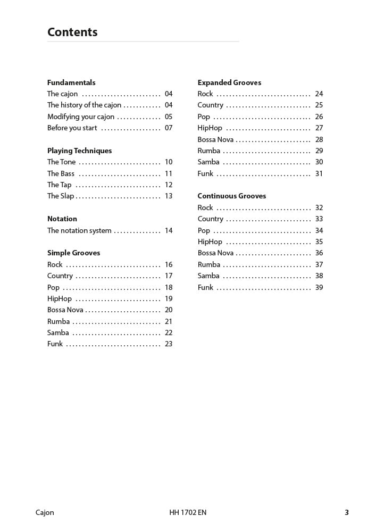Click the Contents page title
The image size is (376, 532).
coord(72,32)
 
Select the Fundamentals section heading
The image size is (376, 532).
coord(71,82)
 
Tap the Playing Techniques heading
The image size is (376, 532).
coord(79,151)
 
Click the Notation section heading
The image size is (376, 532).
coord(62,219)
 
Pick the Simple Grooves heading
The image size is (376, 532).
coord(73,253)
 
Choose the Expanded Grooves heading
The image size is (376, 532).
coord(229,82)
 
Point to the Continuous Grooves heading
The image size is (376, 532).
coord(231,196)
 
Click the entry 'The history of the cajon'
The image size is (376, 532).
coord(84,105)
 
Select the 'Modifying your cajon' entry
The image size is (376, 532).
coord(81,117)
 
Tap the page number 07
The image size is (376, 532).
coord(169,128)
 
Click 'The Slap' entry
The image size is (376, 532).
coord(61,196)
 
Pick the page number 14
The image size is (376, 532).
coord(169,230)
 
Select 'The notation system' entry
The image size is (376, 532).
coord(79,230)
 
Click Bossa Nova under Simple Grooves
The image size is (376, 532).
coord(65,310)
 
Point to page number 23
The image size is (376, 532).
coord(169,344)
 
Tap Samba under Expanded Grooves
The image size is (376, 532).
coord(208,162)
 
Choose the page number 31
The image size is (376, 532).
coord(319,173)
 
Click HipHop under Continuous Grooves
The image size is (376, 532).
coord(210,242)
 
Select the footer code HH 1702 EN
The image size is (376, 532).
coord(188,513)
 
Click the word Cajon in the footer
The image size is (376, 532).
coord(45,513)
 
